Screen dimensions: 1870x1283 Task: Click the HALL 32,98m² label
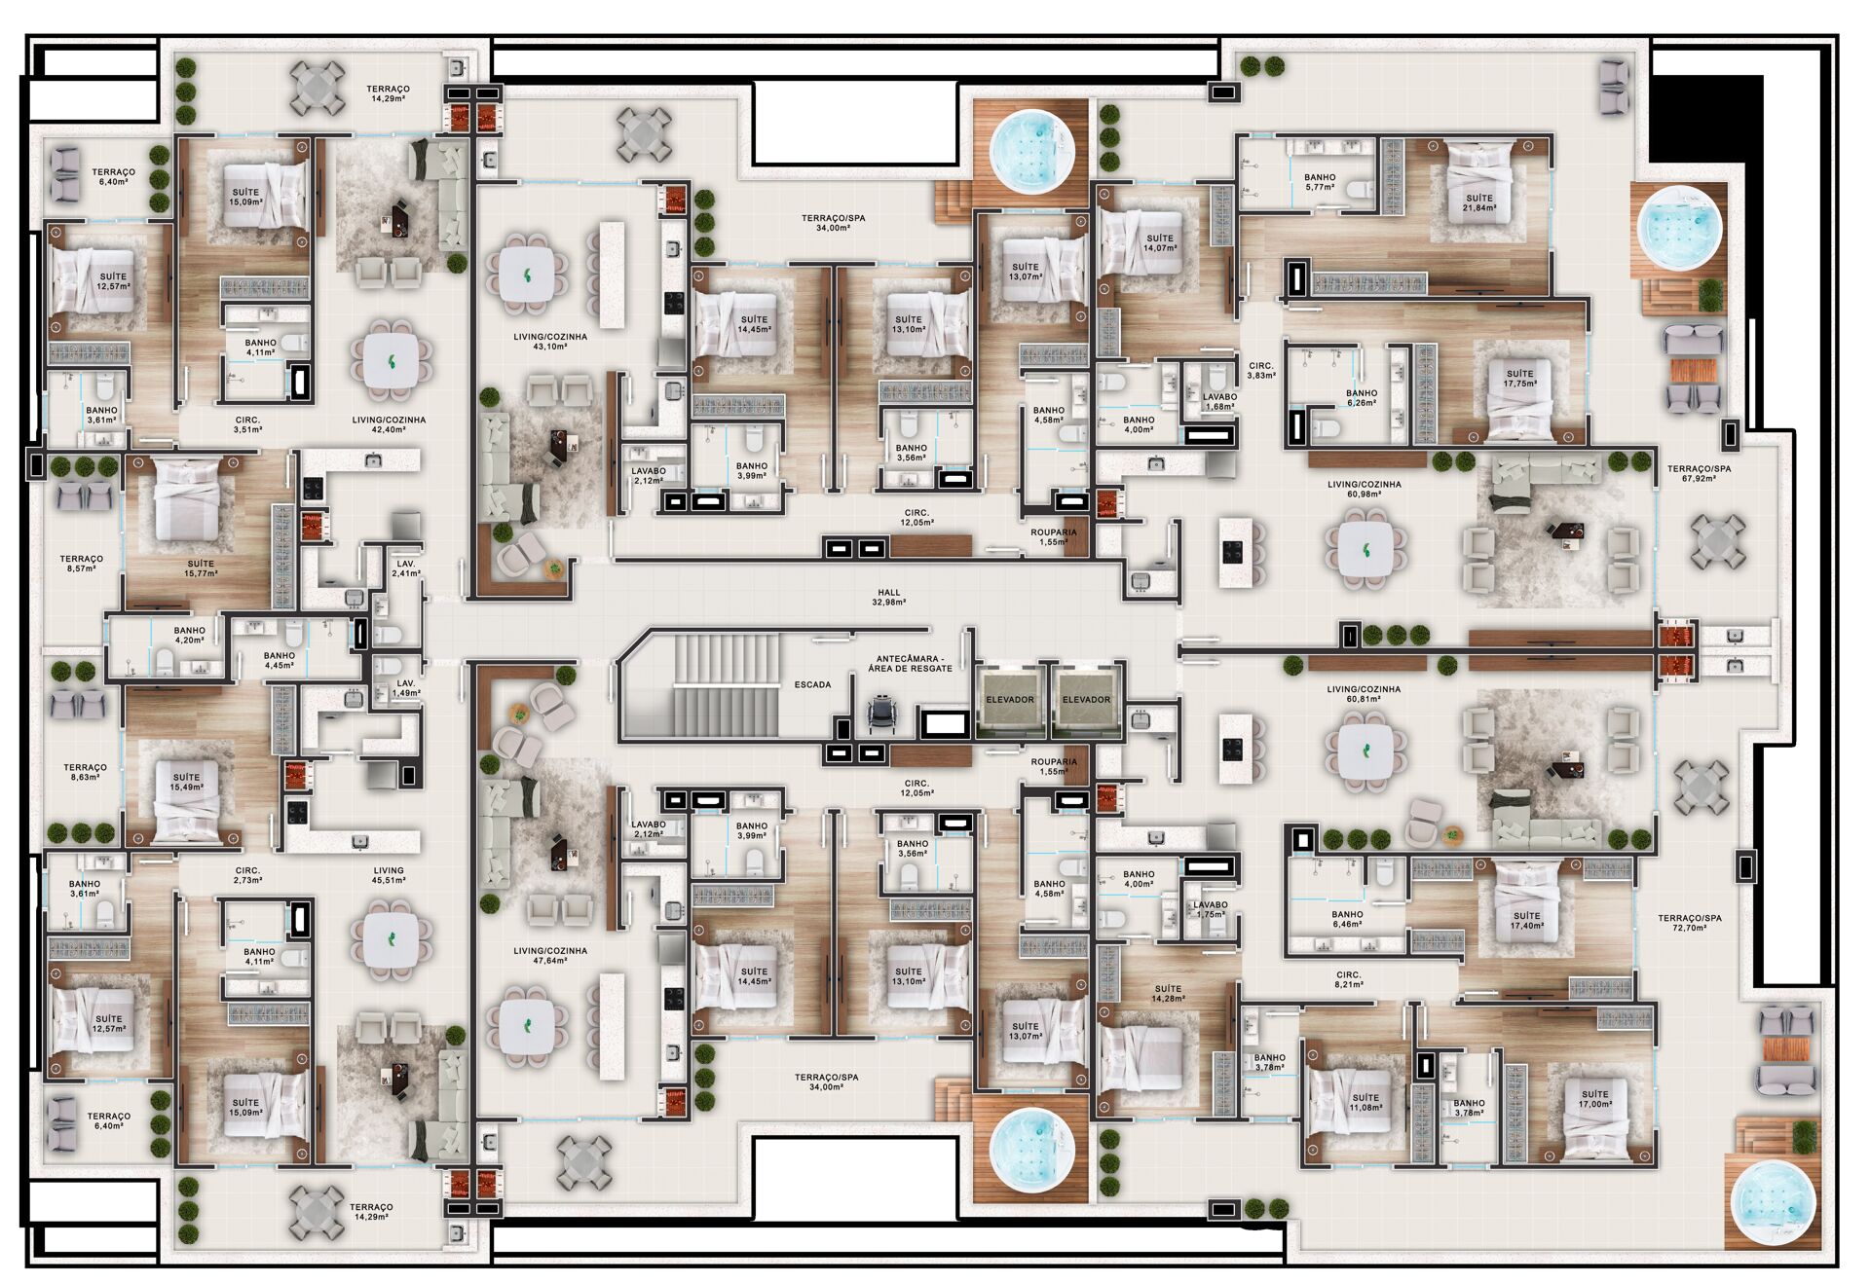click(x=888, y=597)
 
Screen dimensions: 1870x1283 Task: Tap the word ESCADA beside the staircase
click(x=812, y=684)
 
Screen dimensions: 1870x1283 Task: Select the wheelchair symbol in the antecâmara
click(x=880, y=714)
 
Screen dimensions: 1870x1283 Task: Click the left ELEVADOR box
click(x=1010, y=699)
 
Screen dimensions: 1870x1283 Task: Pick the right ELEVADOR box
click(x=1086, y=699)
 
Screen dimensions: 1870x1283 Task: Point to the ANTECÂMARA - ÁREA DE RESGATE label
click(x=914, y=663)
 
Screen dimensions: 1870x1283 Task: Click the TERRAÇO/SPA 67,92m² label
click(x=1699, y=473)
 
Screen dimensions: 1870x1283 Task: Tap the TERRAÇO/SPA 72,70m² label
click(x=1690, y=923)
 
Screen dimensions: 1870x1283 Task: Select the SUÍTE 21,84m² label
click(x=1479, y=202)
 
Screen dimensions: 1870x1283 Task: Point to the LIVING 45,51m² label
click(x=389, y=875)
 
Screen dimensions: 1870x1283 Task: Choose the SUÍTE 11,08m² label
click(x=1365, y=1102)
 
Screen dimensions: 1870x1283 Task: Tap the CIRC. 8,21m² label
click(x=1349, y=978)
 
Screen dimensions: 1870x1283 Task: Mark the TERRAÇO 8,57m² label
click(x=81, y=564)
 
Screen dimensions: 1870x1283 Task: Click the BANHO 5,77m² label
click(x=1320, y=182)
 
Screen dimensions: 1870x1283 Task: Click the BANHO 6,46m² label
click(x=1347, y=919)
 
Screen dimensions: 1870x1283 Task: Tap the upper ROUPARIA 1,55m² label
click(x=1054, y=536)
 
